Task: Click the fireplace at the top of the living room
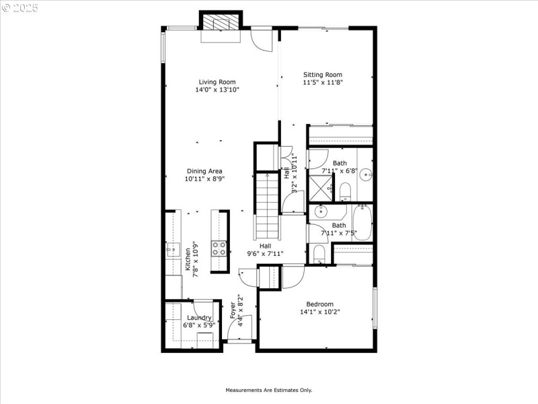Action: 222,23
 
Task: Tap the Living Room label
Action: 217,82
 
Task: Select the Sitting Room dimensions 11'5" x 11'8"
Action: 323,83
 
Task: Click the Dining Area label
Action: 204,171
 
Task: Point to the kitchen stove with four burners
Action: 219,248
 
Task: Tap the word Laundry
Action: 200,318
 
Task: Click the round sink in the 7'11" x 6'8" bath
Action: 365,174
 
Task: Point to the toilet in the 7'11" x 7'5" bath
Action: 319,255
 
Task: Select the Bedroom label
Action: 320,304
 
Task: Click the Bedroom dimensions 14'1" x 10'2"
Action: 320,312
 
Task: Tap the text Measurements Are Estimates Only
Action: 268,390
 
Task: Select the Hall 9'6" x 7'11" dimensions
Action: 266,254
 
